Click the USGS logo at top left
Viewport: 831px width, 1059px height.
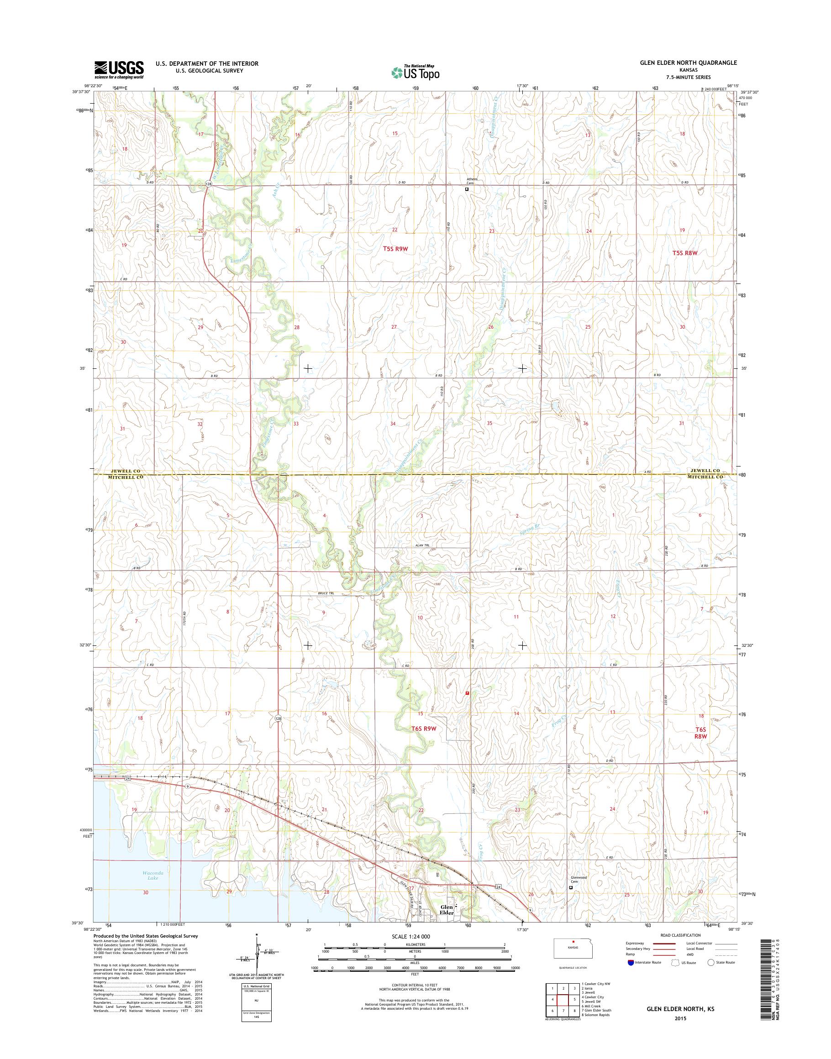(x=119, y=70)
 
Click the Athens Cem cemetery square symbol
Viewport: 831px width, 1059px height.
(x=467, y=189)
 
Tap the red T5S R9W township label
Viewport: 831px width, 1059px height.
(x=394, y=249)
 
